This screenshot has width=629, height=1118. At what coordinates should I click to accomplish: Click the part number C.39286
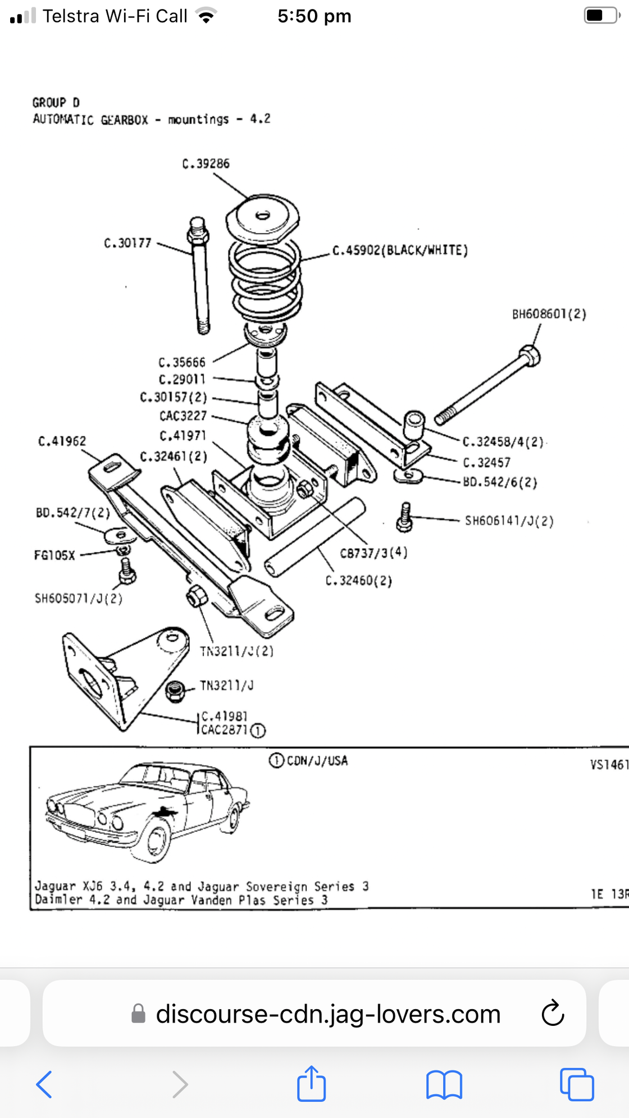(x=206, y=163)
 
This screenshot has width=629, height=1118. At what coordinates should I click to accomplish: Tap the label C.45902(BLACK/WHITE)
(x=400, y=250)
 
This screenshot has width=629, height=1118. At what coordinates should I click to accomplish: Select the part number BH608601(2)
(x=549, y=314)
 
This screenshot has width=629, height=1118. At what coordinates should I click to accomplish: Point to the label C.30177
(x=127, y=243)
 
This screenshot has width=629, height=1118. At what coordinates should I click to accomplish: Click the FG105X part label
(x=54, y=555)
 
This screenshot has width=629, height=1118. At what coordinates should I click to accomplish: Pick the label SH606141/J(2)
(x=509, y=521)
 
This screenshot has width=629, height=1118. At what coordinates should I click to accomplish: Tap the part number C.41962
(x=62, y=441)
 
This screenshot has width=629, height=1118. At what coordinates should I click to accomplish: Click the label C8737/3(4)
(x=373, y=553)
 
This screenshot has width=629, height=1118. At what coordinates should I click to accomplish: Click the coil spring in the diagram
(x=266, y=281)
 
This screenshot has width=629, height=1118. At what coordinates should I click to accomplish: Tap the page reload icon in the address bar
(x=553, y=1013)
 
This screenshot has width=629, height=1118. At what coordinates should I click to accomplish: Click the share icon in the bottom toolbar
(x=311, y=1083)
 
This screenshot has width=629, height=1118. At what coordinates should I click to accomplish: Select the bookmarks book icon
(x=444, y=1084)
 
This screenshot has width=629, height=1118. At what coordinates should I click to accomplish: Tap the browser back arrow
(x=44, y=1084)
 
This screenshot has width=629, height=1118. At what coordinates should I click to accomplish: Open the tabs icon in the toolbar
(x=577, y=1084)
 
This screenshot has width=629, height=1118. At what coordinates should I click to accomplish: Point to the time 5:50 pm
(x=314, y=16)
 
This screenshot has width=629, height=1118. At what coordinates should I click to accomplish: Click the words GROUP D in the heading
(x=56, y=103)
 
